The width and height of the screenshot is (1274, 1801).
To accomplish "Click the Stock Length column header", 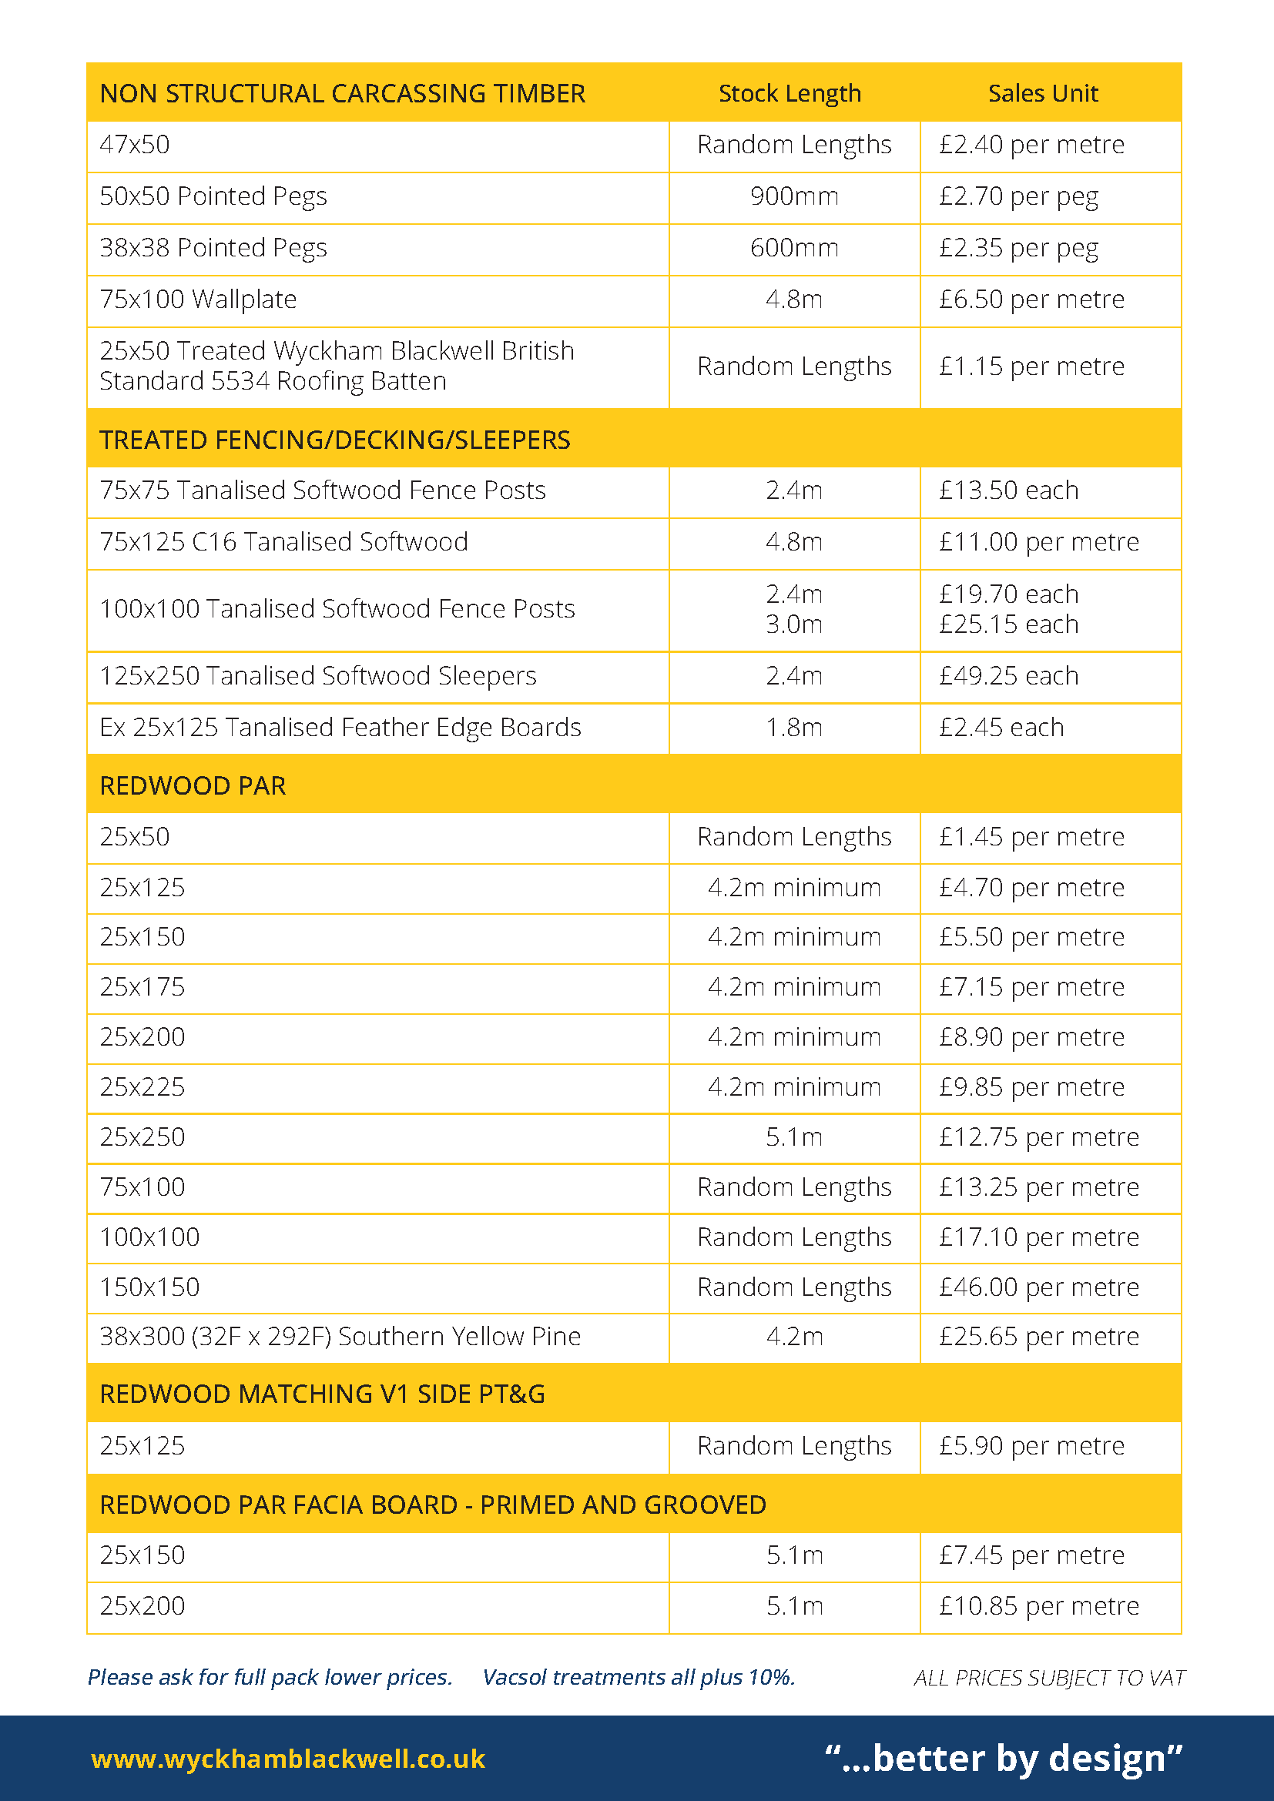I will click(x=790, y=93).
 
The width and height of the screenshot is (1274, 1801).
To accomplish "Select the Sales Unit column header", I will click(x=1043, y=93).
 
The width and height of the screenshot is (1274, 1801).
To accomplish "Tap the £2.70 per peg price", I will click(x=1018, y=196).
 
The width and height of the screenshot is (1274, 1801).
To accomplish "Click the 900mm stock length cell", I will click(x=794, y=196).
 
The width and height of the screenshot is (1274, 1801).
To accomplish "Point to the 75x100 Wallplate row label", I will click(x=199, y=300).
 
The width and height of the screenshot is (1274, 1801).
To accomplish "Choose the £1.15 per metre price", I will click(x=1031, y=367).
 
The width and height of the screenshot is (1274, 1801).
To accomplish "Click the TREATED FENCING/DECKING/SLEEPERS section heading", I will click(x=335, y=440).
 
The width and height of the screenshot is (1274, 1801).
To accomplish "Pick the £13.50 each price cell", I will click(x=1009, y=490).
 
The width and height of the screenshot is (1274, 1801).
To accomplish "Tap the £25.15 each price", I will click(x=1009, y=624).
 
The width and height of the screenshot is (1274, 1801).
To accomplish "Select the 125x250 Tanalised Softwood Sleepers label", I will click(x=317, y=676).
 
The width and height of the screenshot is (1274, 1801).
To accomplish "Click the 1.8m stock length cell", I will click(x=794, y=728).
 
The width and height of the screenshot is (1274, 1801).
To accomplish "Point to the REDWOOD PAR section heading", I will click(x=193, y=786).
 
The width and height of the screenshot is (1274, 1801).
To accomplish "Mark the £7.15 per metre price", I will click(x=1031, y=987).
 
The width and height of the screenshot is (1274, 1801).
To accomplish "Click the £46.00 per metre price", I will click(x=1038, y=1287).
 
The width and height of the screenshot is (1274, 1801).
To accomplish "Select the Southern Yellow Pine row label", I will click(x=340, y=1337).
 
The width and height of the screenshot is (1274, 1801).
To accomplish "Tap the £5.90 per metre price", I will click(x=1031, y=1446).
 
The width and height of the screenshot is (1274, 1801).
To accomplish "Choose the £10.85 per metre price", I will click(x=1038, y=1606).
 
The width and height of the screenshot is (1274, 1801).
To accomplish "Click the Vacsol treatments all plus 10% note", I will click(x=639, y=1677).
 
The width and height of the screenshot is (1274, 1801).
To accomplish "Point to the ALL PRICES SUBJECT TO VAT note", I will click(x=1049, y=1678).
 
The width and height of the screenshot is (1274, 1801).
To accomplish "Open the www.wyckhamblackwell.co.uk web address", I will click(x=288, y=1759).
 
